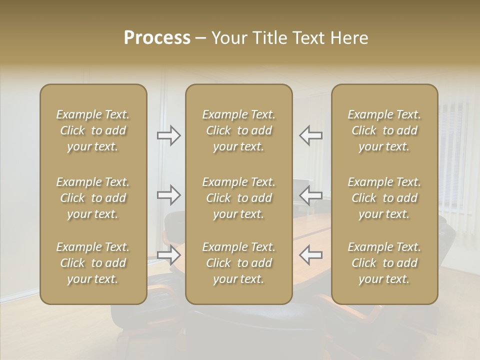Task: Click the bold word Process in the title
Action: point(157,38)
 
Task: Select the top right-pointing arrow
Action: point(169,135)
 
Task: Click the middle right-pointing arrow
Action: point(169,195)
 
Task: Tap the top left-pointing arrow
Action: point(310,135)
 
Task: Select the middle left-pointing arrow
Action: point(310,195)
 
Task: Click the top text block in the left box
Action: point(93,130)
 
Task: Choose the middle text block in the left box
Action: point(93,198)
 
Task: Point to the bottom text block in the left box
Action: point(93,263)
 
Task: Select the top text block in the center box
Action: point(239,130)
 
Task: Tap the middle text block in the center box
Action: point(239,198)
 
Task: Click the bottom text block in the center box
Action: point(239,263)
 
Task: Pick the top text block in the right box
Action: point(384,130)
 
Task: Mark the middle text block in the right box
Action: point(384,198)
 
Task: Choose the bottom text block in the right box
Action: point(384,263)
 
